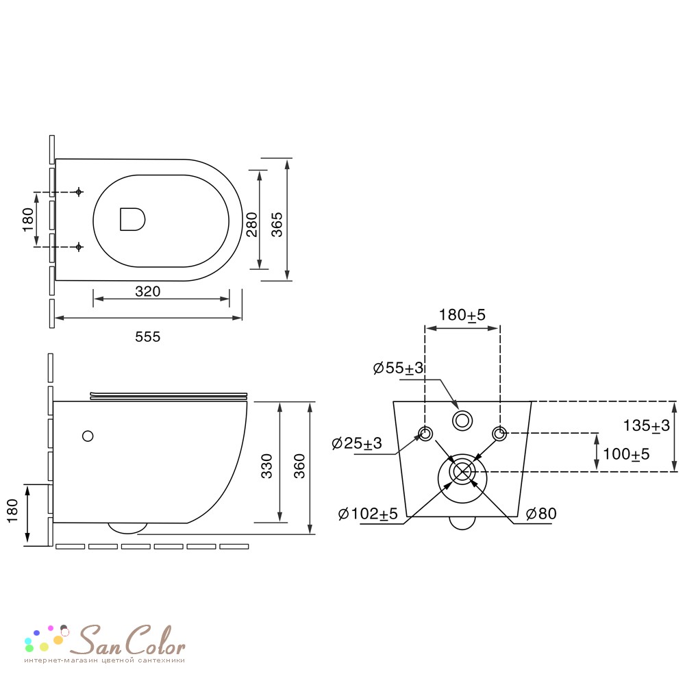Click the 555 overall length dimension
click(148, 337)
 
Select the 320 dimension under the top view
click(148, 291)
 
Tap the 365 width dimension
click(277, 225)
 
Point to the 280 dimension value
click(252, 225)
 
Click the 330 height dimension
click(266, 466)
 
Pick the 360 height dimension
click(299, 466)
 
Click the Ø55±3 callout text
click(399, 368)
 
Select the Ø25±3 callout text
click(357, 443)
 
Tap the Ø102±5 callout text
click(368, 514)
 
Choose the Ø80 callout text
click(542, 514)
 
